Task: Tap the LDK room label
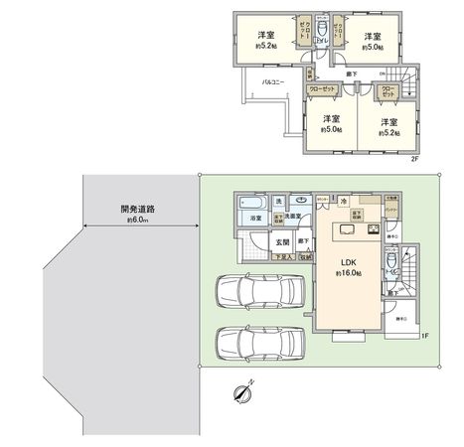point(349,264)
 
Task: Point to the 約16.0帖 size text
point(349,275)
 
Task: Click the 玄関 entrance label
point(280,240)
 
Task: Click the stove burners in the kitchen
point(374,231)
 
